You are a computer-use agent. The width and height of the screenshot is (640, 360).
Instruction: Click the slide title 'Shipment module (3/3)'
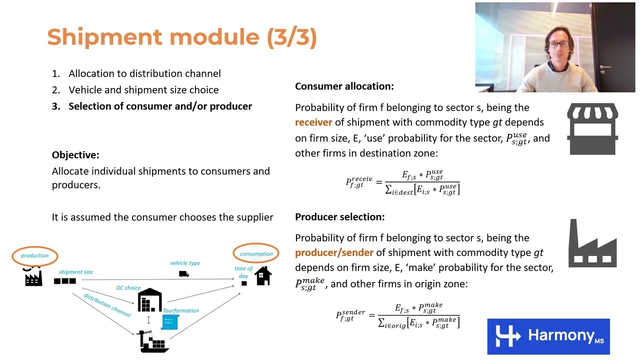coord(182,37)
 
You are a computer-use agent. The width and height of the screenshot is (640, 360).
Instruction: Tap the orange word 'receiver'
coord(313,122)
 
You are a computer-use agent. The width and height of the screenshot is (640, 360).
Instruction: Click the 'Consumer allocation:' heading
coord(344,86)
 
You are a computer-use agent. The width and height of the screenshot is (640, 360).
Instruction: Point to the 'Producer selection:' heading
coord(339,217)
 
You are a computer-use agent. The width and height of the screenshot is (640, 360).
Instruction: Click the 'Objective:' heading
coord(75,155)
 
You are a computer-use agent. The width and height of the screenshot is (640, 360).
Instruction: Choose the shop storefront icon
coord(592,129)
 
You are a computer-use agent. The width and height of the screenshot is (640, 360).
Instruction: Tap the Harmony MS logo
coord(548,336)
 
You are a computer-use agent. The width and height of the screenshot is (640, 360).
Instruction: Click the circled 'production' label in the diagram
coord(35,255)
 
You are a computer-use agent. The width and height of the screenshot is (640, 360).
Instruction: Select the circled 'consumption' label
coord(256,253)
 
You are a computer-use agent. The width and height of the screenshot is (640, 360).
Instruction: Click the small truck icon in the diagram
coord(184,273)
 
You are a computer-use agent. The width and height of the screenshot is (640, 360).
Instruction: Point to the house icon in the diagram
coord(263,275)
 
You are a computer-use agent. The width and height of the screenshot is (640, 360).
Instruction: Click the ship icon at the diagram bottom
coord(153,342)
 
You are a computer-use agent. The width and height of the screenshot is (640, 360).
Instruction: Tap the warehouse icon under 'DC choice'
coord(149,300)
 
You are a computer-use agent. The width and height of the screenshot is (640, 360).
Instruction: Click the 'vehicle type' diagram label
coord(185,263)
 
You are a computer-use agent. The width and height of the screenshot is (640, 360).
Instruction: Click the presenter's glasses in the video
coord(557,44)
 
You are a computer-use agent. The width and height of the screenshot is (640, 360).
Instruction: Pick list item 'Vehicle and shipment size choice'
coord(143,90)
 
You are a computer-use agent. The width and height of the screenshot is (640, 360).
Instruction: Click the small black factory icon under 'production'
coord(33,277)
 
